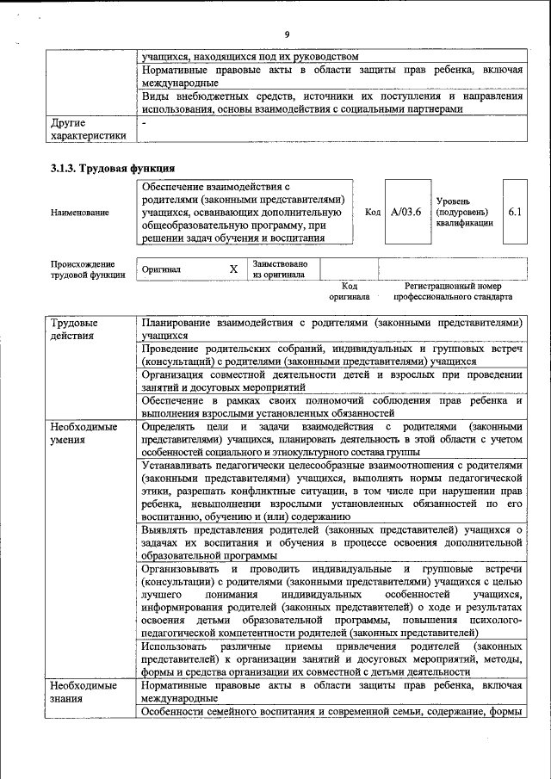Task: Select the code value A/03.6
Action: click(405, 212)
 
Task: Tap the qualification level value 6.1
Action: click(515, 212)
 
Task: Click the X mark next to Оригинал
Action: click(233, 269)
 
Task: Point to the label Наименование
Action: click(80, 213)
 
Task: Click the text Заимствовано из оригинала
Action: click(279, 269)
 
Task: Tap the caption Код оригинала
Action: click(349, 291)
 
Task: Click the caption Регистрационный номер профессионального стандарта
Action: click(453, 291)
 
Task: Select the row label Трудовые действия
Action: click(73, 329)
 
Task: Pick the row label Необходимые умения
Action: click(84, 433)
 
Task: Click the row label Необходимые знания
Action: click(84, 692)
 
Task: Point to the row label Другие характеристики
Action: click(88, 129)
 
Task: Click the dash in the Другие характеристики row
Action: click(145, 123)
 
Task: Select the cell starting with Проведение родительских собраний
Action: click(332, 356)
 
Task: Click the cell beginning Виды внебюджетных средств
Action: click(332, 103)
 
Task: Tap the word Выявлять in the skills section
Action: click(168, 530)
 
